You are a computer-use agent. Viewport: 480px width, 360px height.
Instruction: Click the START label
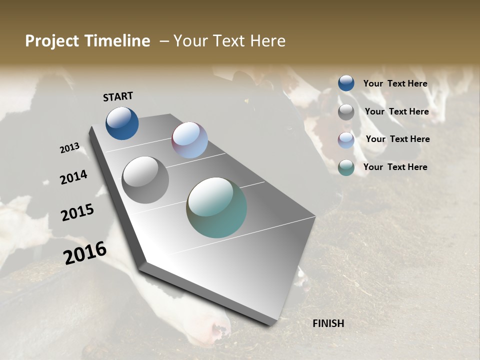coord(118,96)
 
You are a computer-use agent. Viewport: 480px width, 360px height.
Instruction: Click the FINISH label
coord(328,323)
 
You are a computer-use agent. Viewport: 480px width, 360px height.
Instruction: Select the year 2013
coord(69,148)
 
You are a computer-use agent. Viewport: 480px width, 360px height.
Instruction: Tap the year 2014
coord(74,177)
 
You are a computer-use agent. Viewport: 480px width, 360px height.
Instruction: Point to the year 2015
coord(77,212)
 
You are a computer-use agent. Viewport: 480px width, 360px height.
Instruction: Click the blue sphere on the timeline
coord(122,123)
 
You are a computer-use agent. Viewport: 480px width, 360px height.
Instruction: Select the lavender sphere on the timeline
coord(189,140)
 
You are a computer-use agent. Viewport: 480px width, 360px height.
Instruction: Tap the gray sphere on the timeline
coord(145,180)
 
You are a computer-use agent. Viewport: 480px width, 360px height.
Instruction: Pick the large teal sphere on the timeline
coord(216,207)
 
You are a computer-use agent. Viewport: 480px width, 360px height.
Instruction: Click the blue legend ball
coord(346,83)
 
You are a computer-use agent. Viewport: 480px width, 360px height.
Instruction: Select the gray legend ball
coord(346,112)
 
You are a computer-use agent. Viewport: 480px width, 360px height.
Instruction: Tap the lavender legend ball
coord(346,140)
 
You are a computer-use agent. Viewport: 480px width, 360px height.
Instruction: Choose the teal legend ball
coord(346,167)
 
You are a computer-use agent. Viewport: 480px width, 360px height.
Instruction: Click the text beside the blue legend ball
coord(395,83)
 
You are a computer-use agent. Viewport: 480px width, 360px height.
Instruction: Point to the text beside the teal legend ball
coord(395,167)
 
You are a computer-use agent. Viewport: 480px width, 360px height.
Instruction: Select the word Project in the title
coord(50,41)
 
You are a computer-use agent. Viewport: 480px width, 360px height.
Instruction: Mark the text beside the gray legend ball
coord(396,111)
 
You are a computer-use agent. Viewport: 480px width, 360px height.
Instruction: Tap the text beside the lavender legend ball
coord(397,139)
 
